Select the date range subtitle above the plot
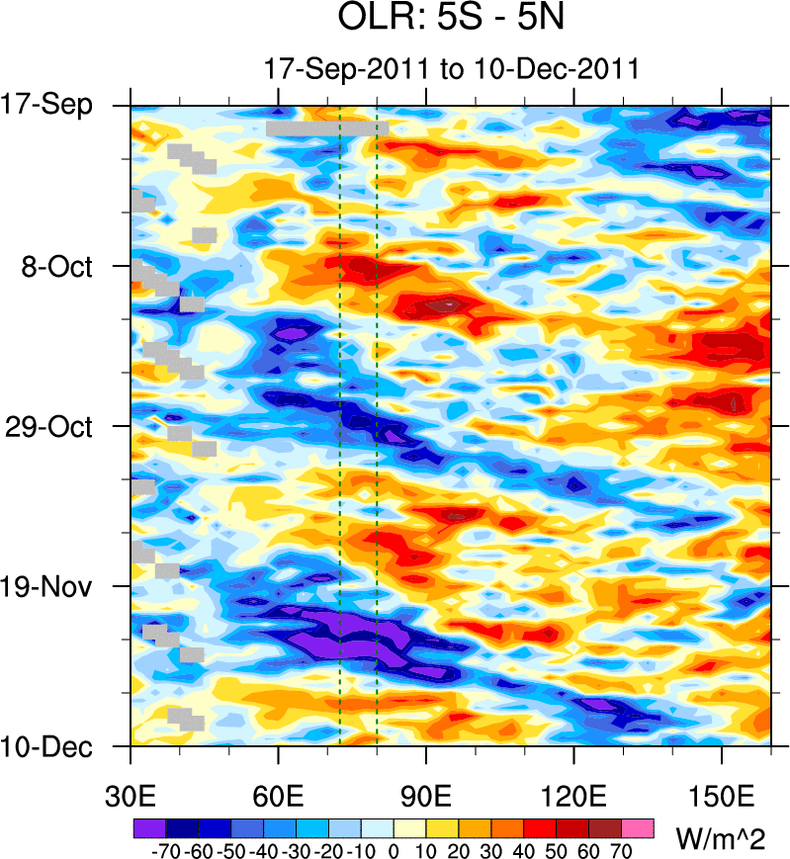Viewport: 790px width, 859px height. [451, 69]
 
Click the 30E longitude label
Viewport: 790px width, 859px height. [131, 796]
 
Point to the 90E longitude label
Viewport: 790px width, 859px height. [426, 796]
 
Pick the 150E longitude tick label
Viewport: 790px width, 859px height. [722, 796]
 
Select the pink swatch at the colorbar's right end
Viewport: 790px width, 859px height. [639, 827]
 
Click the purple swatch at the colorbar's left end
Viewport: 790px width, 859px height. [148, 827]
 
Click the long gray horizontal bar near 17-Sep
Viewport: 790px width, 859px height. [326, 129]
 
